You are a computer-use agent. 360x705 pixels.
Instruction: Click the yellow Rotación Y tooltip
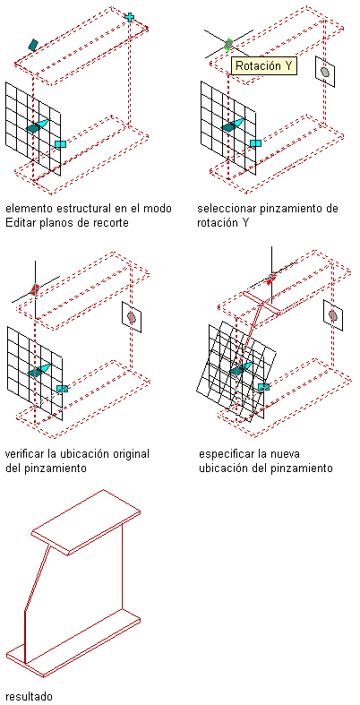pos(264,65)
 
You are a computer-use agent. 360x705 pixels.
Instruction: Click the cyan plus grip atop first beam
pos(130,18)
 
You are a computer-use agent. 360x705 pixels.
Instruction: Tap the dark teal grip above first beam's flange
pos(33,45)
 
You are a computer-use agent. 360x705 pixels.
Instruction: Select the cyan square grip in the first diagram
pos(60,144)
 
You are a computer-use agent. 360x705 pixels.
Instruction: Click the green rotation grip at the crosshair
pos(228,44)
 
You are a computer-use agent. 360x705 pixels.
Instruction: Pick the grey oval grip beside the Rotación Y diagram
pos(325,72)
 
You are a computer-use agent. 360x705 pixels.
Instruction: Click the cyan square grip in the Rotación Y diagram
pos(256,143)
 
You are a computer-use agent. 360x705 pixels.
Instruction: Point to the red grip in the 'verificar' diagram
pos(35,289)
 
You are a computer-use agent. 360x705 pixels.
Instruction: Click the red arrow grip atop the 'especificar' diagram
pos(270,279)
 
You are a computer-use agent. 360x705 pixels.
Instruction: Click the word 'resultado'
pos(29,696)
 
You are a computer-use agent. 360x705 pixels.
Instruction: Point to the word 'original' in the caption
pos(133,453)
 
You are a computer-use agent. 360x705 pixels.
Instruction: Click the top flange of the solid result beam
pos(85,522)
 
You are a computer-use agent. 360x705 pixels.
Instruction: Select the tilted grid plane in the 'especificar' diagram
pos(236,370)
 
